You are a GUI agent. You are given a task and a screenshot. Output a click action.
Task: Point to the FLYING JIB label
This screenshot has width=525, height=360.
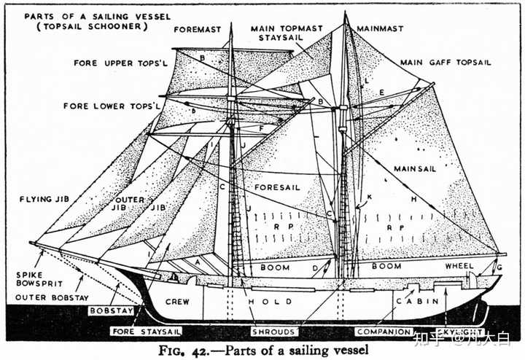tap(39, 197)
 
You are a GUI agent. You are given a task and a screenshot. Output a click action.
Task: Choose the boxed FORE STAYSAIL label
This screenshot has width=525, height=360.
tap(146, 332)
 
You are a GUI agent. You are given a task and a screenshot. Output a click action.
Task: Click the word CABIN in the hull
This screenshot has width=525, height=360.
tap(418, 301)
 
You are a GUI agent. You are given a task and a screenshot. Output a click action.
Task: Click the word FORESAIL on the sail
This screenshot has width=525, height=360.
tap(278, 187)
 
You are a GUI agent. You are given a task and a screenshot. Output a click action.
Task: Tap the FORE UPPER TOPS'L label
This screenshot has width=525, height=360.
tap(113, 63)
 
